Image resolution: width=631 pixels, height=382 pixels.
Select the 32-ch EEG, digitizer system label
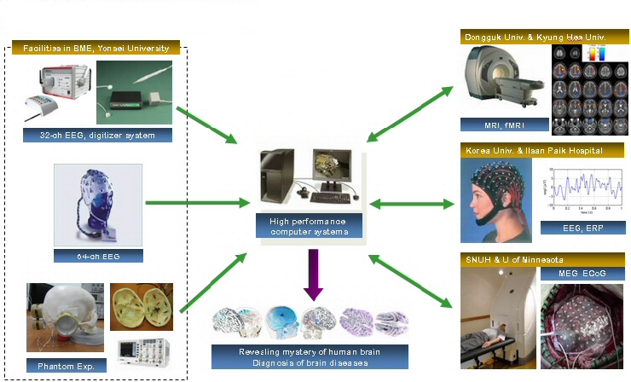point(97,135)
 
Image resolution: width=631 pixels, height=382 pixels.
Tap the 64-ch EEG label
point(96,255)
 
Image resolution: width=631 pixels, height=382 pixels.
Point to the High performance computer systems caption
point(309,226)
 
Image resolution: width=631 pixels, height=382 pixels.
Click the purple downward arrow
point(313,274)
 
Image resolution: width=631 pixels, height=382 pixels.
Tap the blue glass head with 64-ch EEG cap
point(95,205)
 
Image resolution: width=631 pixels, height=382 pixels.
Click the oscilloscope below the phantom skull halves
point(142,350)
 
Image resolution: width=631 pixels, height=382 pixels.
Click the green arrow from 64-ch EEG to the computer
point(195,203)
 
